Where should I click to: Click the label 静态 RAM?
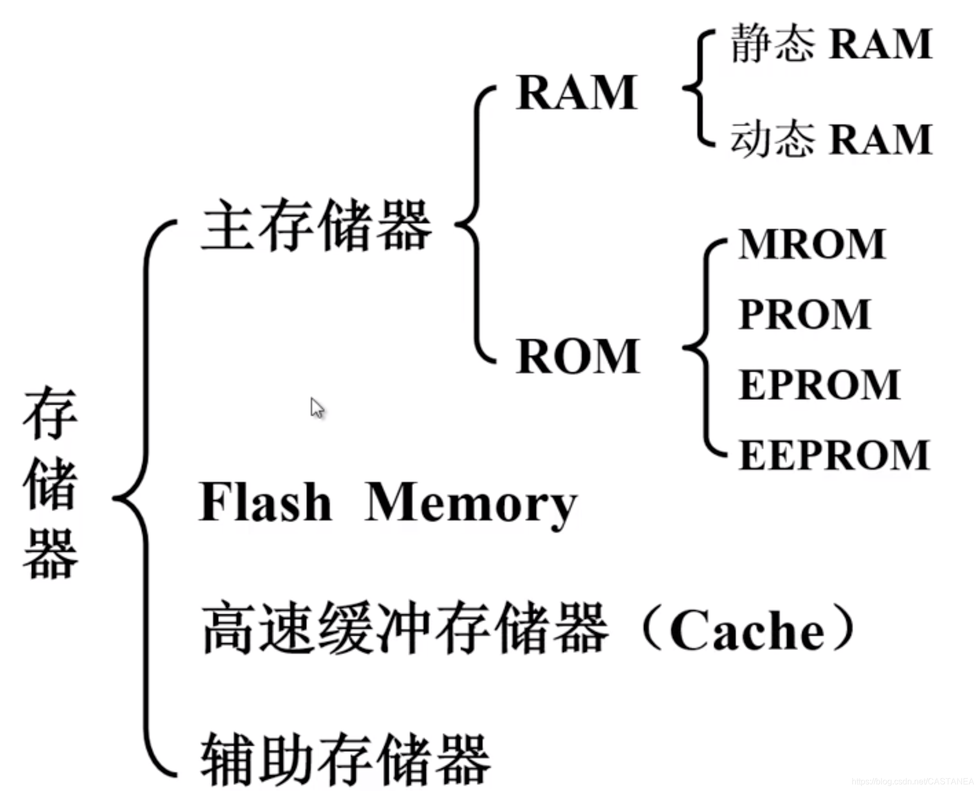point(831,44)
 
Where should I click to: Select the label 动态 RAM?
point(831,139)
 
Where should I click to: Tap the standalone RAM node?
point(576,93)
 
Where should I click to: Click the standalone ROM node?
point(578,357)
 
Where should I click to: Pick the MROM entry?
point(812,245)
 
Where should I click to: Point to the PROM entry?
point(804,315)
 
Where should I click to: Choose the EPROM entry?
point(819,385)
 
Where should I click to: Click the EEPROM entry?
point(834,455)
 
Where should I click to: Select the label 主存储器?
point(316,225)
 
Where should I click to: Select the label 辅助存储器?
point(345,760)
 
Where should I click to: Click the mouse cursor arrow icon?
point(317,408)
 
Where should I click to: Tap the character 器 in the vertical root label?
point(50,554)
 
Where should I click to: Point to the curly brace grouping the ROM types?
point(705,348)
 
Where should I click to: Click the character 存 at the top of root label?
point(50,413)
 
